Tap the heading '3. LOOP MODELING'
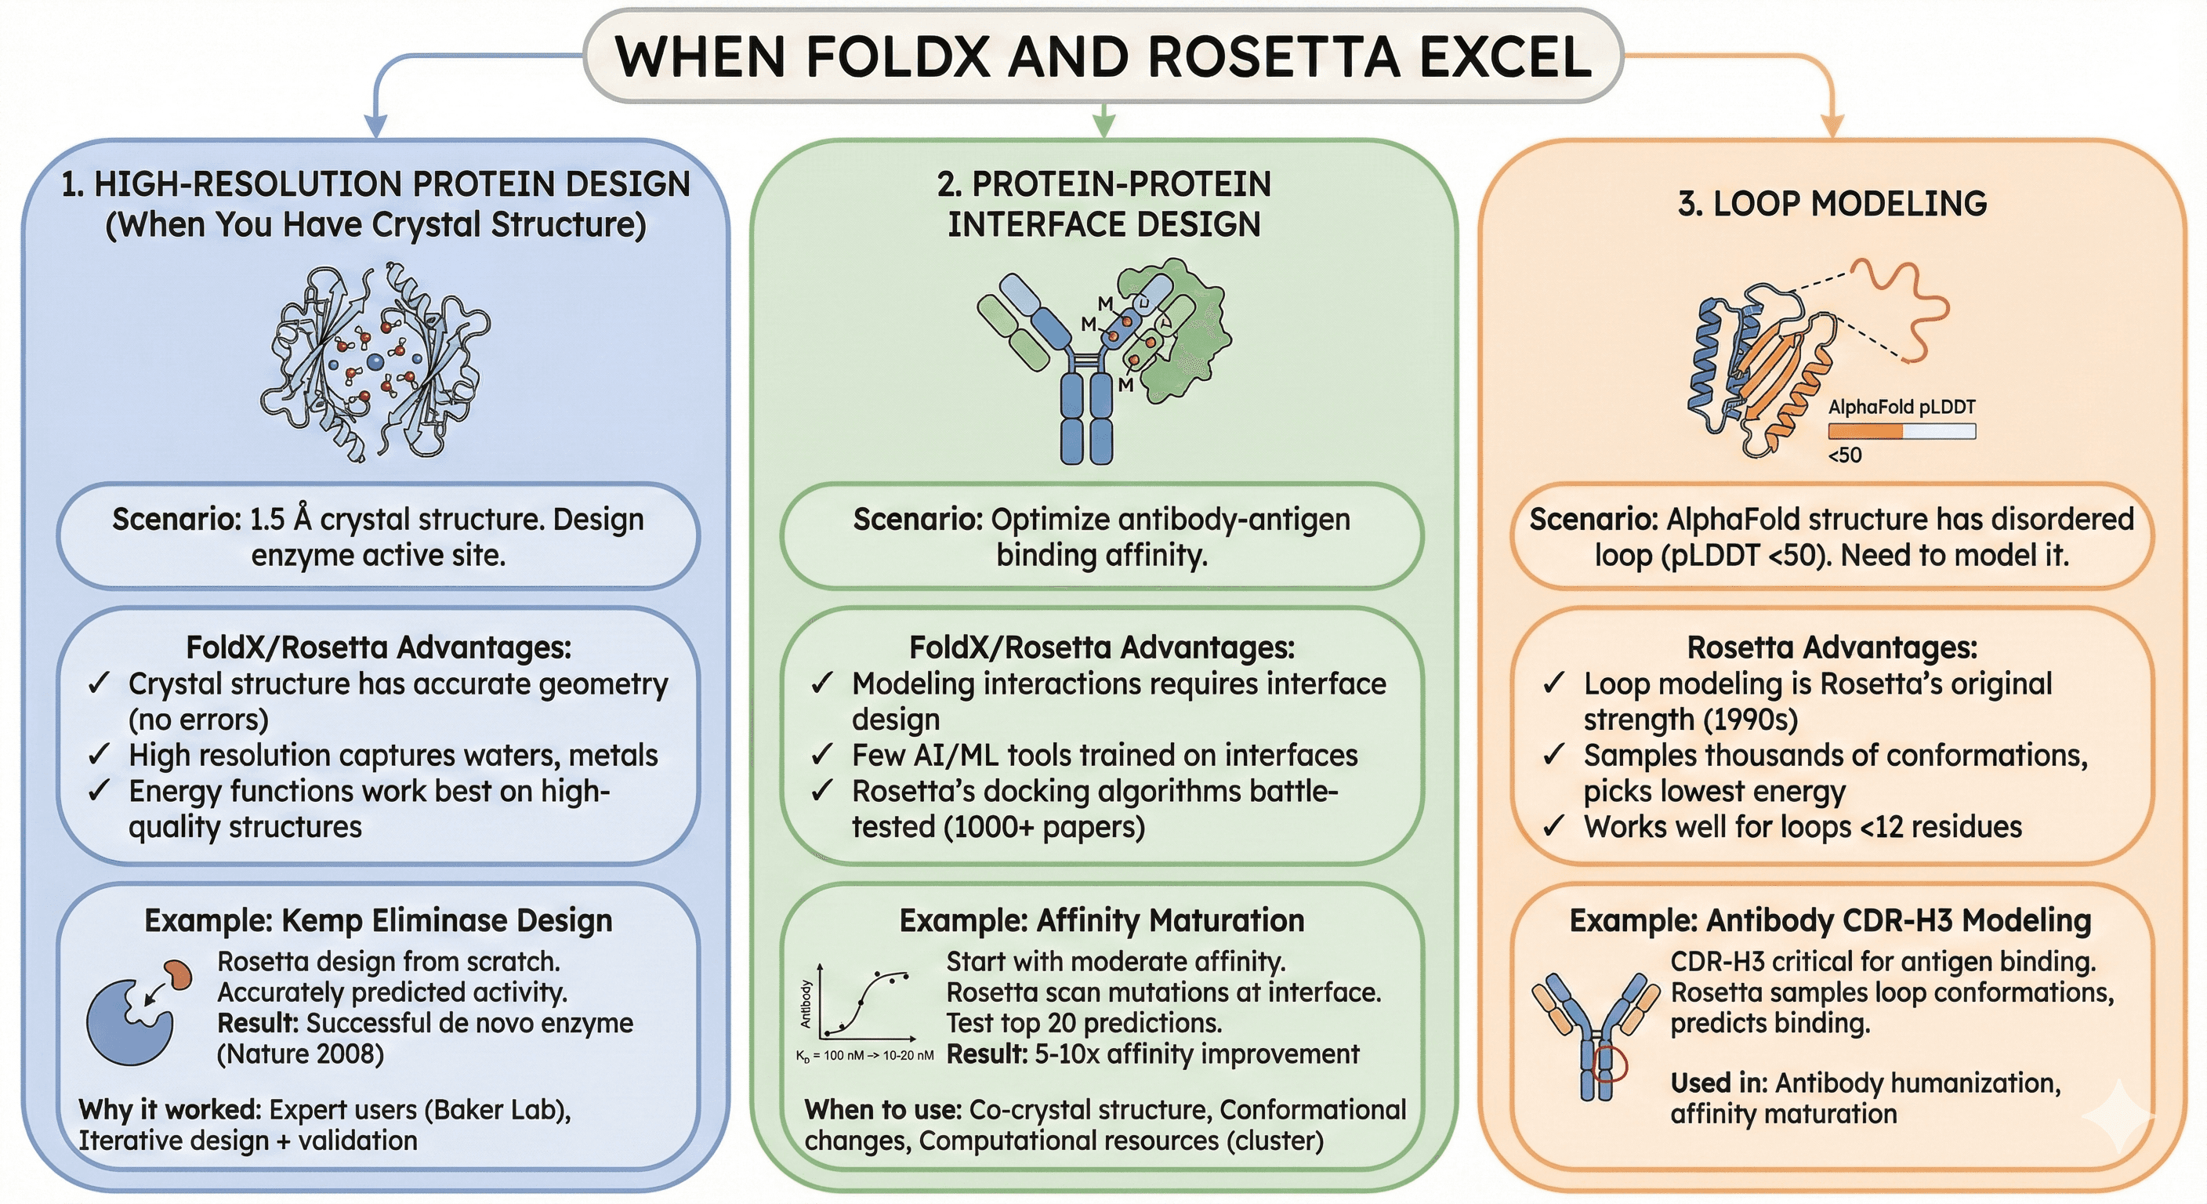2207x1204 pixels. pos(1832,204)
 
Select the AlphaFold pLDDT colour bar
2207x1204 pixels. pos(1901,431)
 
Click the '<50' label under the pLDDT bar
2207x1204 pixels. pos(1845,455)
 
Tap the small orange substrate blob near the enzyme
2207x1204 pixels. pos(179,974)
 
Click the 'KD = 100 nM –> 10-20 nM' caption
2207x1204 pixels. pos(864,1056)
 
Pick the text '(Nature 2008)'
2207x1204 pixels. pos(300,1053)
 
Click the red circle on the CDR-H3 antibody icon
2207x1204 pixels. pos(1608,1065)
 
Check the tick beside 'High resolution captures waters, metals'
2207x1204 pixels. pos(100,755)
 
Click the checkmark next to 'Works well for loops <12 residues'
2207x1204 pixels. pos(1554,827)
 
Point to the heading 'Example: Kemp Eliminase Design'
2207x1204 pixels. pos(378,920)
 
